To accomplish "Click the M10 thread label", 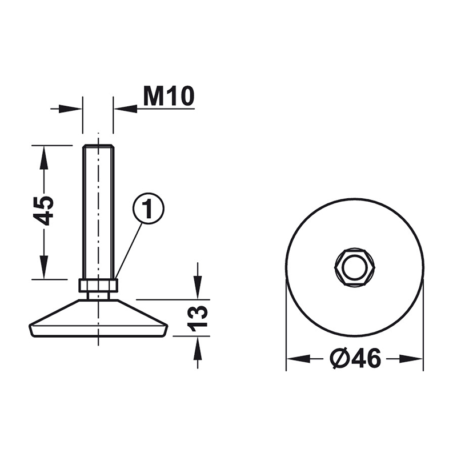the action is pos(169,96).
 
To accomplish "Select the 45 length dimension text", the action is pos(43,211).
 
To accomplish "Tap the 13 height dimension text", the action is pos(198,318).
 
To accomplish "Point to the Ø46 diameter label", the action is pos(355,358).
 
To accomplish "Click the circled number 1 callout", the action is pos(149,209).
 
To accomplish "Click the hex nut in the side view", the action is pos(98,286).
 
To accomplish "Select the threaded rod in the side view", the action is pos(98,212).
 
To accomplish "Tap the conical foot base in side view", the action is pos(98,318).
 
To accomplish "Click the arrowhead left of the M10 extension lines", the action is pos(70,109).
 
